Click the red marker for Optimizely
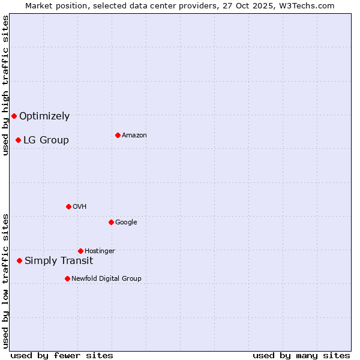coord(14,116)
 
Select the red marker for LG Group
coord(19,140)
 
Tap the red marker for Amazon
coord(118,135)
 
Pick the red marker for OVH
coord(68,206)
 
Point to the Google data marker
coord(111,222)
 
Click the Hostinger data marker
coord(80,251)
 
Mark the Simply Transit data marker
coord(20,260)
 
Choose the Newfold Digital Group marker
coord(67,278)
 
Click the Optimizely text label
coord(44,116)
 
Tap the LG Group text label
coord(46,140)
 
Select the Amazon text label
coord(134,136)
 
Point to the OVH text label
coord(80,207)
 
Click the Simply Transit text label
coord(59,261)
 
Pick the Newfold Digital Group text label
coord(106,279)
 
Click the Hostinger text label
coord(100,251)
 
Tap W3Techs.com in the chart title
coord(307,5)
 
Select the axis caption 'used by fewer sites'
coord(62,355)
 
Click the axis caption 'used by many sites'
coord(301,355)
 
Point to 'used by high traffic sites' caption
coord(5,85)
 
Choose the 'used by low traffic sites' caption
coord(5,281)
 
